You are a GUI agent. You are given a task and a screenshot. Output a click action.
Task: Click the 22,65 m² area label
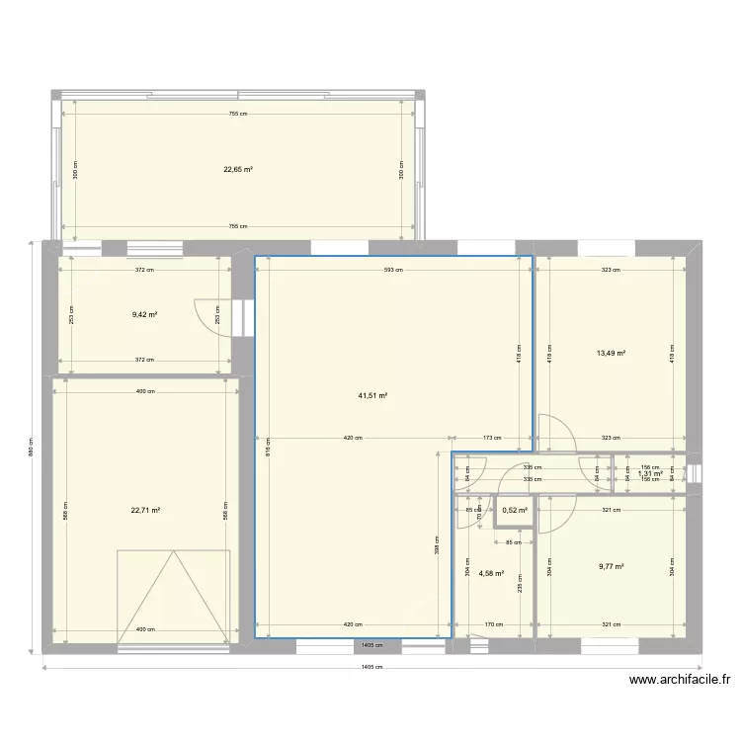click(x=238, y=169)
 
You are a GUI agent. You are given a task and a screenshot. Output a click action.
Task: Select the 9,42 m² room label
click(x=145, y=315)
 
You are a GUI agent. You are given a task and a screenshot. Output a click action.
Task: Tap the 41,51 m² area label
click(x=372, y=396)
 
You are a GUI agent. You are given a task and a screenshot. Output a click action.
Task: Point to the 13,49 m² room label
click(x=611, y=353)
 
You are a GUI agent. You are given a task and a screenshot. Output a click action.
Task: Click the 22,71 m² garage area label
click(x=145, y=511)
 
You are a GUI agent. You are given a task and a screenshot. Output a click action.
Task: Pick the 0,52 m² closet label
click(x=515, y=511)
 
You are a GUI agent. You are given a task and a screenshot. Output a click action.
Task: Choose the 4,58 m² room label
click(x=491, y=573)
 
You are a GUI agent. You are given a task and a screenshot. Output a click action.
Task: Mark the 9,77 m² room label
click(x=611, y=567)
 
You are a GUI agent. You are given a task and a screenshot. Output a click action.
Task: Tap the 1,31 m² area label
click(x=649, y=473)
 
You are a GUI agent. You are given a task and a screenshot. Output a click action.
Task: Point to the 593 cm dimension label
click(x=394, y=270)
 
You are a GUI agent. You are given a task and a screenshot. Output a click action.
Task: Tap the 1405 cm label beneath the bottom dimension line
click(x=370, y=667)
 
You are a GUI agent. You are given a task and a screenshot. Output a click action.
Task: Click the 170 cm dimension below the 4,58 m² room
click(x=495, y=624)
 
